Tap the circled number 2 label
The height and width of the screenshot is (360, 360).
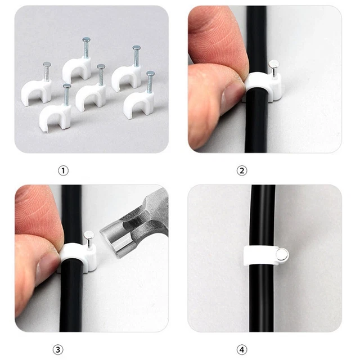tap(242, 169)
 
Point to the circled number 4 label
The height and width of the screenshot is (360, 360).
tap(242, 349)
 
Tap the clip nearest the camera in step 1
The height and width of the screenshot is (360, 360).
tap(56, 116)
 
